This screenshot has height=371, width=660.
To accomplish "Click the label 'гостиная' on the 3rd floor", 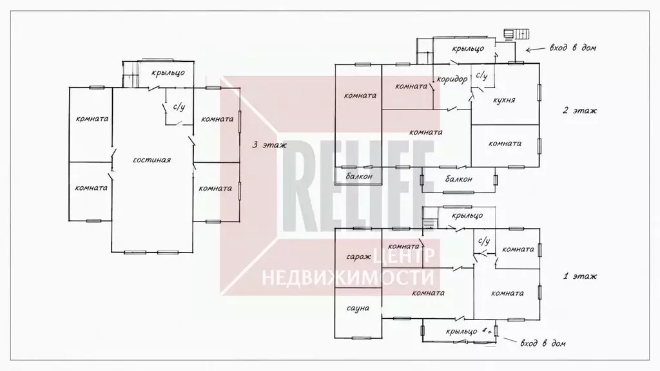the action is click(x=151, y=160).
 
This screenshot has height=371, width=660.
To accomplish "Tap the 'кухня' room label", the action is click(x=504, y=100).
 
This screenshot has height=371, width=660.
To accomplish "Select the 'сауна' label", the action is click(x=358, y=309).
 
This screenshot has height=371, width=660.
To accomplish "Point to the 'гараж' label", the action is click(x=358, y=256).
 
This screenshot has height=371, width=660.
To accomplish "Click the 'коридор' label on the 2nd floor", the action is click(x=452, y=79).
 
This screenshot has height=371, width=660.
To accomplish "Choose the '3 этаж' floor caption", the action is click(x=269, y=145).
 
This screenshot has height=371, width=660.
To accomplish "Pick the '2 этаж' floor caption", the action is click(x=579, y=111).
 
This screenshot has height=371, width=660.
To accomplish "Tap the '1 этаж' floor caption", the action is click(x=579, y=276).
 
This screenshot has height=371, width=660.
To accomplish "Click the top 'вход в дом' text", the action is click(x=572, y=48).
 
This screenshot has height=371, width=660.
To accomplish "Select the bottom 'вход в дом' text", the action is click(x=543, y=343).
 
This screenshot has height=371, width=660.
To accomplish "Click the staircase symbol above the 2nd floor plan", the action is click(x=516, y=34).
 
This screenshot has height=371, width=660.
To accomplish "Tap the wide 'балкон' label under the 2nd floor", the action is click(x=459, y=179).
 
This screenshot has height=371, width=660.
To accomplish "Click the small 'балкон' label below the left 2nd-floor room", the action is click(x=359, y=176).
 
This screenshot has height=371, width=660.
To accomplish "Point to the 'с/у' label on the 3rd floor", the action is click(x=179, y=107).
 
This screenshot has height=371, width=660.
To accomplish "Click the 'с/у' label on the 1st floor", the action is click(x=484, y=241).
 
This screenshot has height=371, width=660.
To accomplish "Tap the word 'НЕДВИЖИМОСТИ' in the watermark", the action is click(x=347, y=278).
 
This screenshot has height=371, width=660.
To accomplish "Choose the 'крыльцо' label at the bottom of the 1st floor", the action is click(x=461, y=332).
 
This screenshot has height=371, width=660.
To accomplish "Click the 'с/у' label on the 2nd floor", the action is click(x=481, y=76).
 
